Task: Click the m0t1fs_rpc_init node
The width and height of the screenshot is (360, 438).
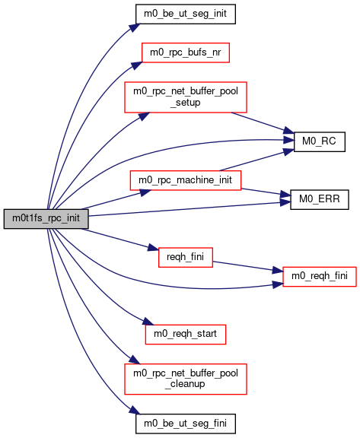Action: (x=46, y=218)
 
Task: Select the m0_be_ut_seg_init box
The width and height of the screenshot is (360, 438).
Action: (x=186, y=14)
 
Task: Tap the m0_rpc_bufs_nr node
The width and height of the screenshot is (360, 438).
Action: (x=186, y=52)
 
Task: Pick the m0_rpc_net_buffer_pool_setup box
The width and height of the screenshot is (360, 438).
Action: (x=186, y=97)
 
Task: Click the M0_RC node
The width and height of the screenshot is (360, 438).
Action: (x=320, y=141)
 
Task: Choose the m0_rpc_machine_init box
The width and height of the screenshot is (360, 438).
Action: (x=186, y=180)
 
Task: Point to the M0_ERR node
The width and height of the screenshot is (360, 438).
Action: (x=320, y=199)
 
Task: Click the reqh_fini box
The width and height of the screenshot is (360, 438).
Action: (x=186, y=257)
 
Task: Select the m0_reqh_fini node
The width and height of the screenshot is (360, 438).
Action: (x=320, y=277)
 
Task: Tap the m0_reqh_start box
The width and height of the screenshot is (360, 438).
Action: (x=186, y=335)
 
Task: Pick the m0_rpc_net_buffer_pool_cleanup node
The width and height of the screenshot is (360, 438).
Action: (x=186, y=379)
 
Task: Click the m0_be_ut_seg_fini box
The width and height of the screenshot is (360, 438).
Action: (x=186, y=424)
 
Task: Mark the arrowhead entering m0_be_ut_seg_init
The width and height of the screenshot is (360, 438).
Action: (x=135, y=27)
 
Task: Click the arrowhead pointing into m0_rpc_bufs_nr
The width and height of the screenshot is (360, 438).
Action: (x=137, y=65)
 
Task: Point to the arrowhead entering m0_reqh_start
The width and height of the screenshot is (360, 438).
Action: (x=148, y=322)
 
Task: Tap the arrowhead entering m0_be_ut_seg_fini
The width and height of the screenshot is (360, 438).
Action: (x=135, y=410)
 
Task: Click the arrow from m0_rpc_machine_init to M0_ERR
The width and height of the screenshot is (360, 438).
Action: (x=266, y=192)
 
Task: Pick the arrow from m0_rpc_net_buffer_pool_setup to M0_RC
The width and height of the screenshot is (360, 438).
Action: (x=263, y=123)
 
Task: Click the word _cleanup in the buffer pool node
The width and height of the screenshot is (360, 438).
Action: (x=185, y=384)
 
